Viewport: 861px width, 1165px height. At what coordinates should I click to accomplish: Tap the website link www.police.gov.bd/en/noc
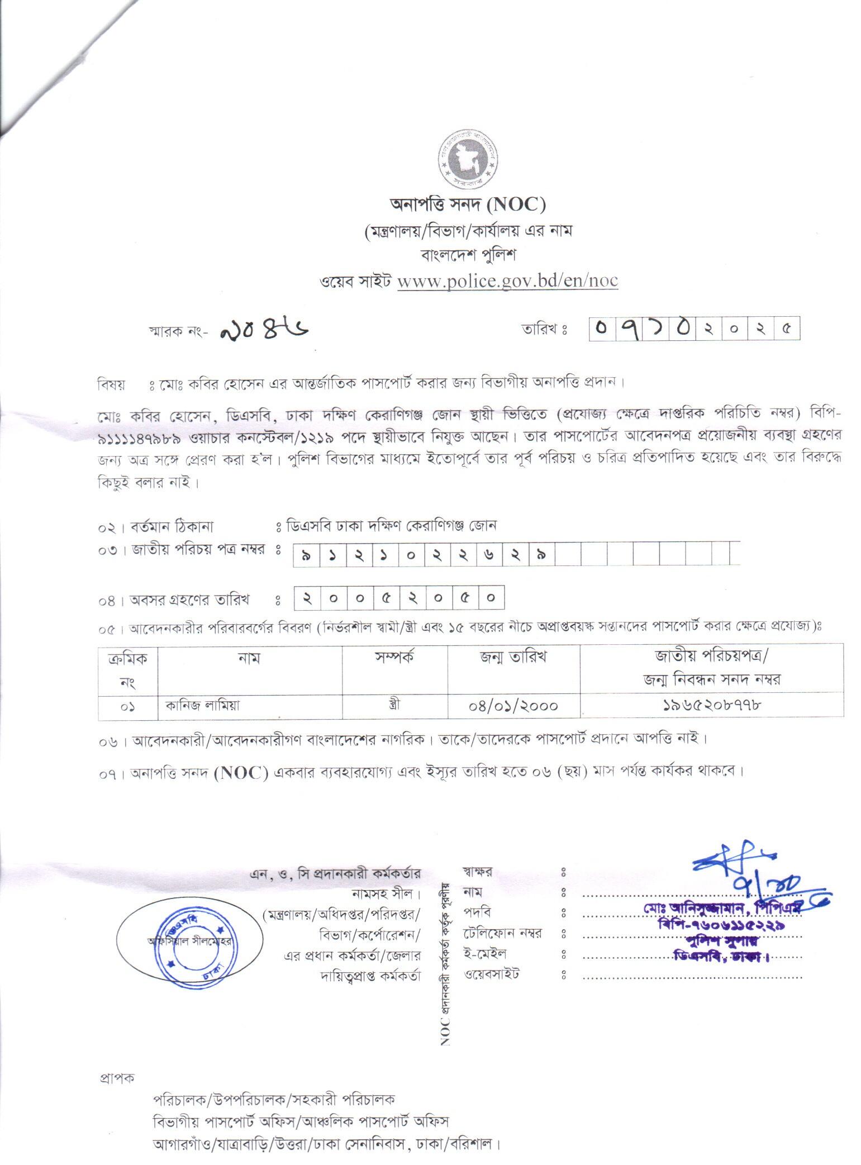coord(507,280)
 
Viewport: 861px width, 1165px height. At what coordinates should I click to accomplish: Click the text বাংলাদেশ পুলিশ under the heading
coord(468,255)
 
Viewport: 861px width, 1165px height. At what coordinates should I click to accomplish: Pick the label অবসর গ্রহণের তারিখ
coord(190,600)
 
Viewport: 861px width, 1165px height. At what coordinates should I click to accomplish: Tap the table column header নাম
coord(249,658)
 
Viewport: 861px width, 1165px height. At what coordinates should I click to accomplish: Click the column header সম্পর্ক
coord(394,657)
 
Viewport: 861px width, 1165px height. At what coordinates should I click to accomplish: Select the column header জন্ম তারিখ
coord(513,658)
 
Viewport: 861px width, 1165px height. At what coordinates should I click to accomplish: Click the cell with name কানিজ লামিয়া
coord(202,705)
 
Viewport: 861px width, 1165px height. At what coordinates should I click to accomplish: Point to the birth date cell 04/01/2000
coord(513,706)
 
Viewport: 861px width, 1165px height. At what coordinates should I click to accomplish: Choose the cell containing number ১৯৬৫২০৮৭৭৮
coord(711,705)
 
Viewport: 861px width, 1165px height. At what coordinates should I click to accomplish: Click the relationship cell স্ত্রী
coord(394,705)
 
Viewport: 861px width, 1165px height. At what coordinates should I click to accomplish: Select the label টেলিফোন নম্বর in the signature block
coord(502,933)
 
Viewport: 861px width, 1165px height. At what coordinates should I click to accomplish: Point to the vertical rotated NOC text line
coord(445,962)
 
